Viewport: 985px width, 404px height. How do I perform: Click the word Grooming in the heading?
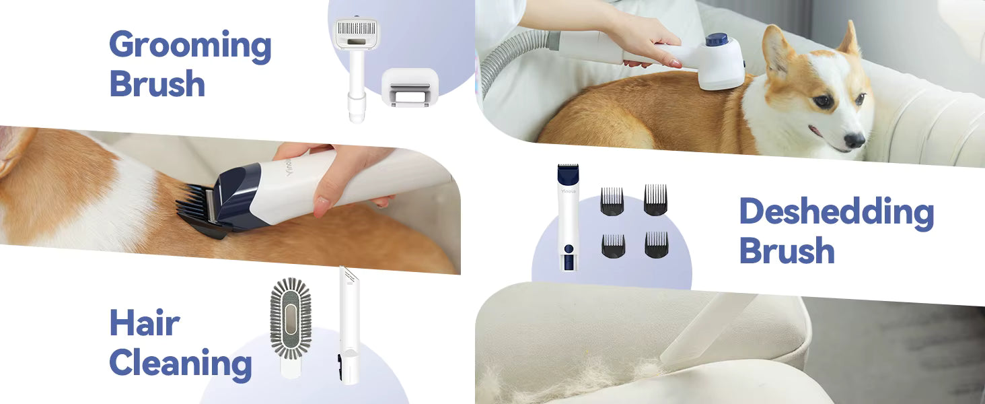point(190,46)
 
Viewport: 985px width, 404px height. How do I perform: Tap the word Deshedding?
point(837,213)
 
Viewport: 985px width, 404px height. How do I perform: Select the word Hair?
point(145,323)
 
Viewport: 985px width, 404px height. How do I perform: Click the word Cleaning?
point(181,364)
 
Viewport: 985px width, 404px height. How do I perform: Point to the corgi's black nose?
point(854,140)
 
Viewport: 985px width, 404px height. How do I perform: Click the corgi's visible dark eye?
point(823,102)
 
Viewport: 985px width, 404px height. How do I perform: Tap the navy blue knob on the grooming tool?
point(717,40)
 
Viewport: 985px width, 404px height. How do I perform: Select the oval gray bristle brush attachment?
point(291,318)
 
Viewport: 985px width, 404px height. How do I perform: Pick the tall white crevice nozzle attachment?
point(350,326)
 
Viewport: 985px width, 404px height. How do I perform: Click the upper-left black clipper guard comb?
point(612,201)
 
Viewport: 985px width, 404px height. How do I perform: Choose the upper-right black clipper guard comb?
point(655,200)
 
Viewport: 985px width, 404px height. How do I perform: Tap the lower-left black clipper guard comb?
point(613,246)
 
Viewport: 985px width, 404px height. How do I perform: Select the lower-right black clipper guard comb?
point(657,244)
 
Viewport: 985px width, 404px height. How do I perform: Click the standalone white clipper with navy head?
point(569,217)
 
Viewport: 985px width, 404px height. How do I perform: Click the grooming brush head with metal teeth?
point(356,33)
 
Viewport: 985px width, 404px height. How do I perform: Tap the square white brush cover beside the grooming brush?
point(410,87)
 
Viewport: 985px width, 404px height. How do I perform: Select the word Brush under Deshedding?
point(787,251)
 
